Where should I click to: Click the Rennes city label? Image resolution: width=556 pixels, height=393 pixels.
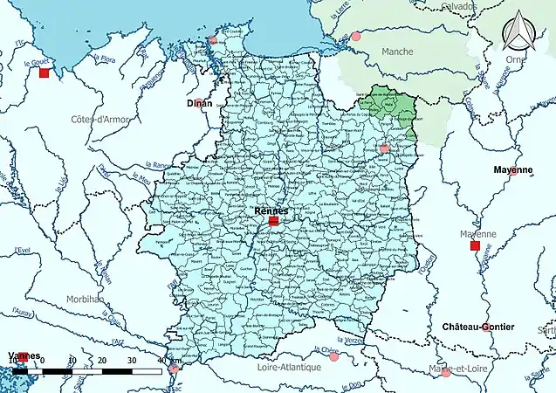273,211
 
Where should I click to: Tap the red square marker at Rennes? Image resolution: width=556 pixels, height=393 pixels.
273,222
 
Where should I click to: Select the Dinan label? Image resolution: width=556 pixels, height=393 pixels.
200,103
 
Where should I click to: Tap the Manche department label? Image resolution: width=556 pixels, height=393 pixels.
397,52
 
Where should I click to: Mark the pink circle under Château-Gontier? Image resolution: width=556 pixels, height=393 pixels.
486,328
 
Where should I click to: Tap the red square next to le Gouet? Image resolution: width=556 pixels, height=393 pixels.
44,73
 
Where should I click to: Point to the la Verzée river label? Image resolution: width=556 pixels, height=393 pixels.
348,339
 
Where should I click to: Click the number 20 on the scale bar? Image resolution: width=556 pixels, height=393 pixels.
102,361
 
